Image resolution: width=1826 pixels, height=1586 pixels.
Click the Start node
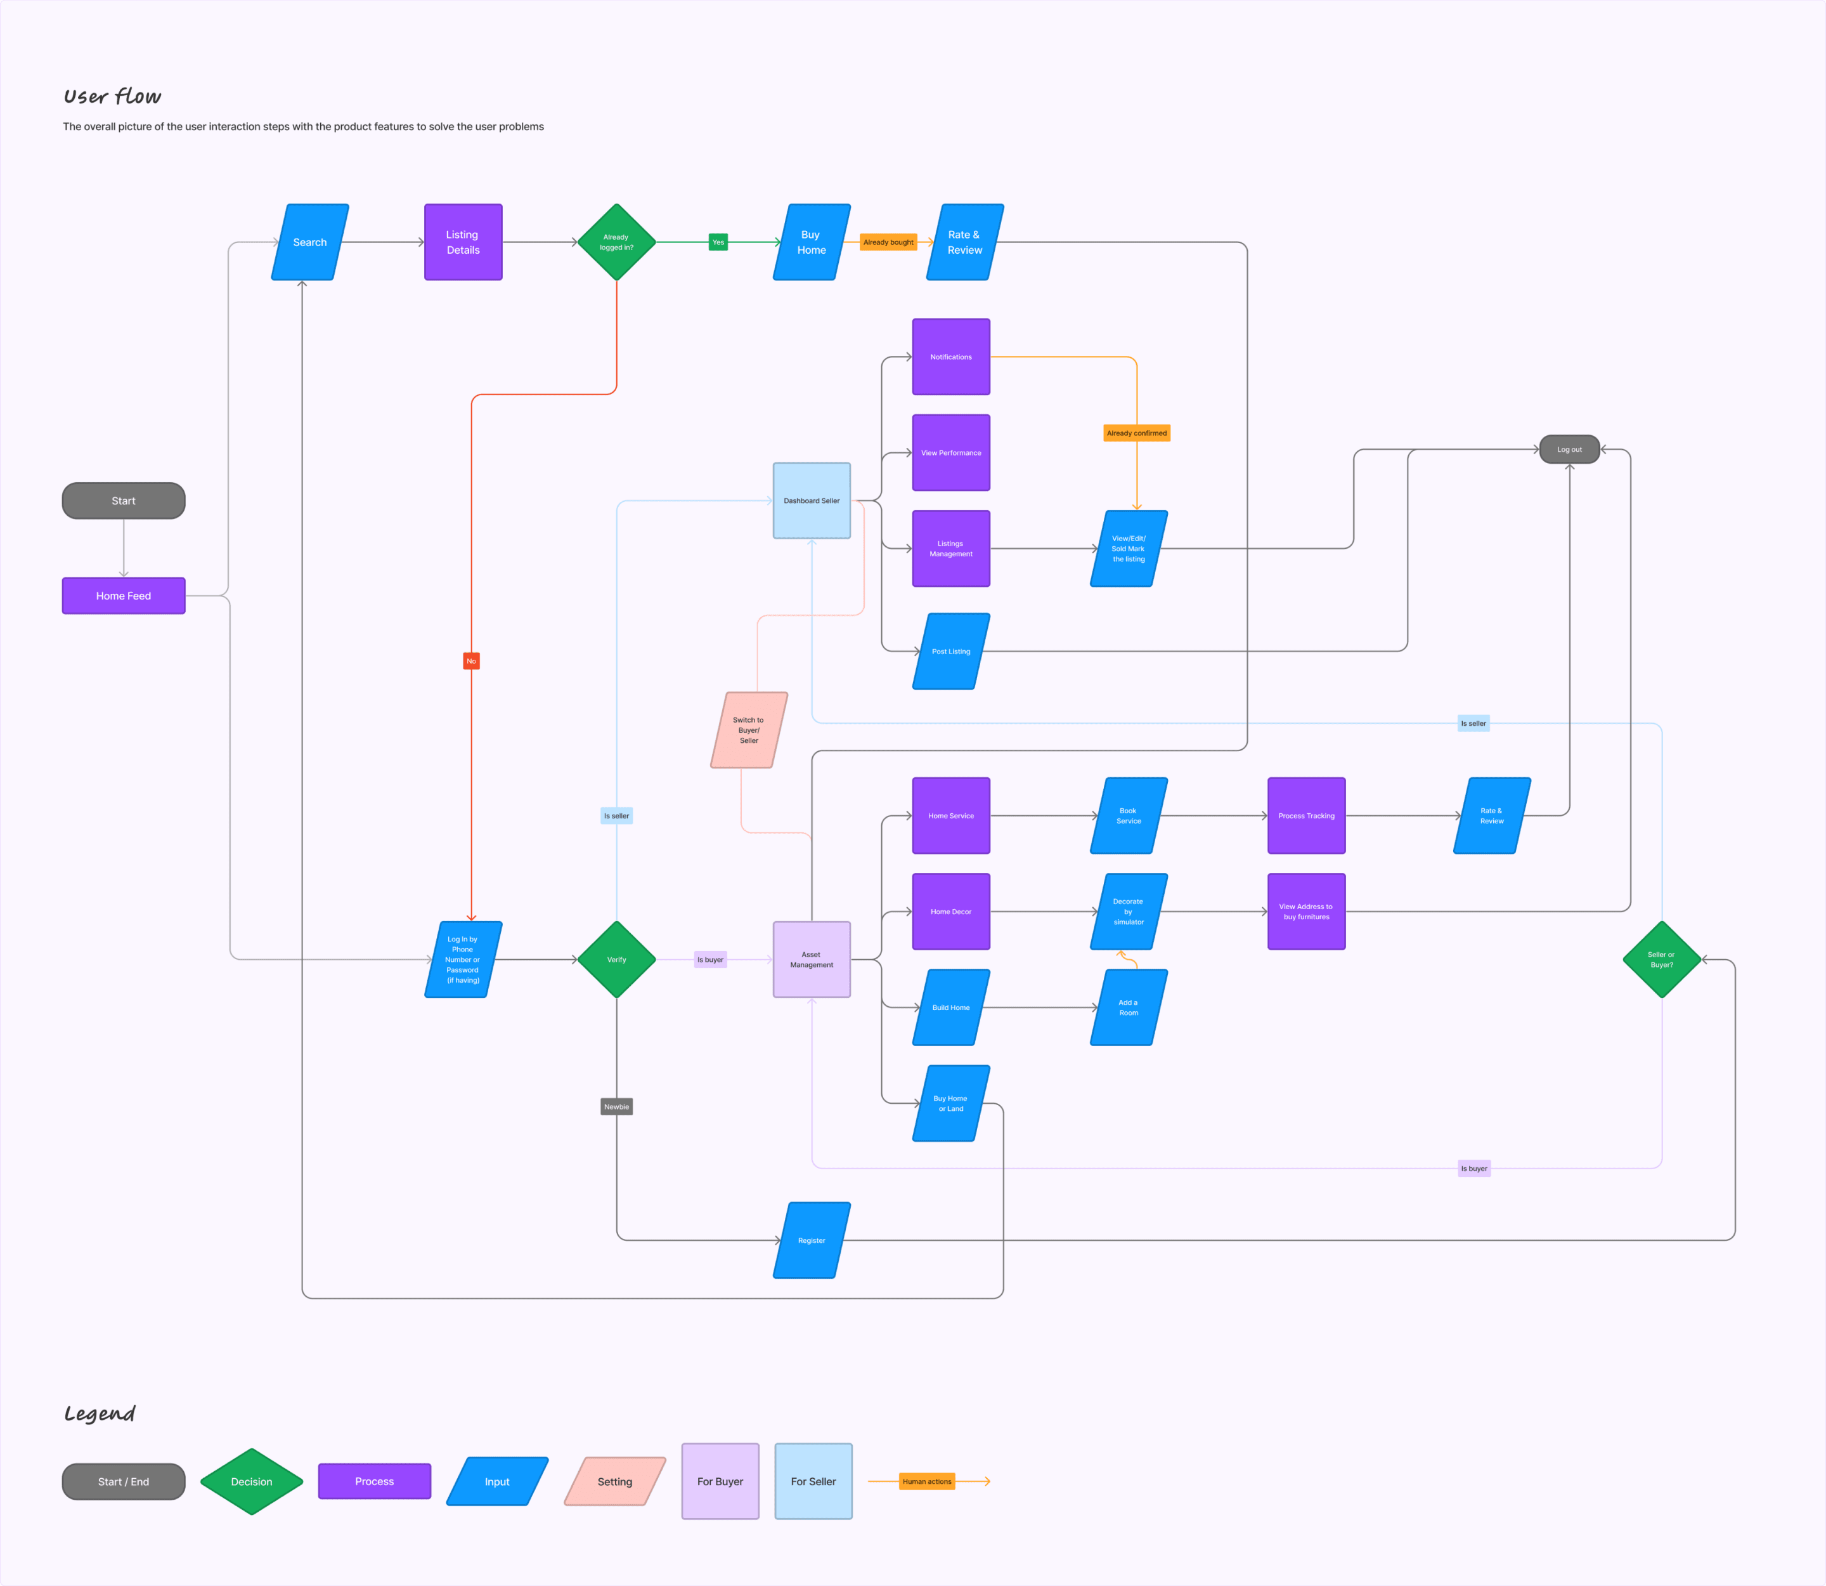tap(123, 501)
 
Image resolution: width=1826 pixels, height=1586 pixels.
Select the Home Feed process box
tap(123, 596)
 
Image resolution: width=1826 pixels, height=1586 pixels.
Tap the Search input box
tap(309, 242)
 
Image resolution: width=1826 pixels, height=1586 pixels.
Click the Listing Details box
tap(463, 242)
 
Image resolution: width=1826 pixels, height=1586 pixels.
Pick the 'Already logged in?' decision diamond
tap(617, 242)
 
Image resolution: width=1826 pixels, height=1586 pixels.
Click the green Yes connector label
tap(718, 242)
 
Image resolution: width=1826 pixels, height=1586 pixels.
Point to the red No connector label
tap(472, 661)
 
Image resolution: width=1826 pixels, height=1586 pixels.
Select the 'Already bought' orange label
tap(888, 242)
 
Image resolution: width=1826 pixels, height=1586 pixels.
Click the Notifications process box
tap(951, 357)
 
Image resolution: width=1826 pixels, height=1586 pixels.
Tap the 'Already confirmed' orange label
tap(1137, 433)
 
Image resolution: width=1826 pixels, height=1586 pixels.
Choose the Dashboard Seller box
tap(812, 501)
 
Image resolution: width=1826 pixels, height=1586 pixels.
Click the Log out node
tap(1569, 450)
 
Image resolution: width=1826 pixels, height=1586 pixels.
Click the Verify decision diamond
tap(617, 959)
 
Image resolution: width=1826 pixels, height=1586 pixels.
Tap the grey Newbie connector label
tap(617, 1106)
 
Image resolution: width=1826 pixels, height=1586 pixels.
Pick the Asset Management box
tap(812, 959)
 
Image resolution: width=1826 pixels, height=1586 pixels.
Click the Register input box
tap(812, 1240)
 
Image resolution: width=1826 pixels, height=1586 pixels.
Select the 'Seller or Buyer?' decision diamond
tap(1661, 959)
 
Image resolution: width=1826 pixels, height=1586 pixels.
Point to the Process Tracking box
tap(1306, 816)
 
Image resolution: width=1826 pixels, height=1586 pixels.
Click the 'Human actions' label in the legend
tap(927, 1481)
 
